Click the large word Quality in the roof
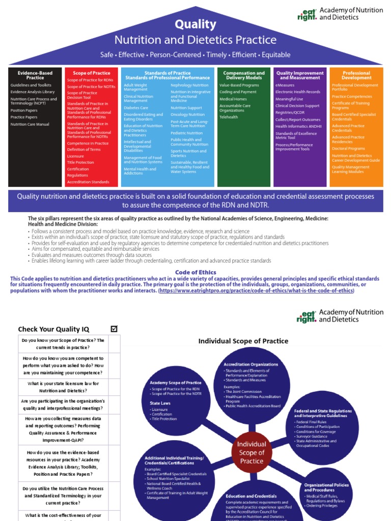click(195, 24)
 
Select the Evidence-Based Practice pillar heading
click(35, 75)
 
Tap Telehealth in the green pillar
click(229, 117)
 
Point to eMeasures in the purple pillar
click(286, 85)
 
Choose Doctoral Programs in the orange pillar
click(348, 149)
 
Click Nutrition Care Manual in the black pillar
click(30, 124)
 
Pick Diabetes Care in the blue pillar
click(136, 108)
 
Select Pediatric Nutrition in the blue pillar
click(186, 133)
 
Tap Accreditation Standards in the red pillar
click(88, 182)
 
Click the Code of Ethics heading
click(195, 272)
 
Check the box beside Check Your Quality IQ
click(114, 329)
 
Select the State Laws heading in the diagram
click(157, 403)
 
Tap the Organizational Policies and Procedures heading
click(326, 487)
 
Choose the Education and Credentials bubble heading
click(251, 496)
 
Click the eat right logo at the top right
click(307, 15)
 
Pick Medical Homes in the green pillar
click(233, 99)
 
